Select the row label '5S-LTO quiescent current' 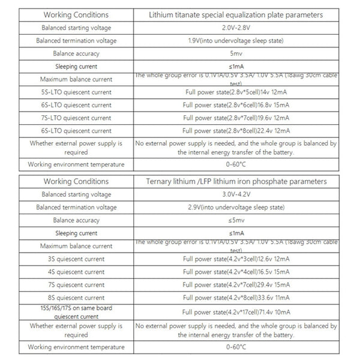[76, 92]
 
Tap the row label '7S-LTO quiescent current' [76, 118]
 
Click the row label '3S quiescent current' [76, 259]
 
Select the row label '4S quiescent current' [76, 272]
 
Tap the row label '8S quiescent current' [76, 298]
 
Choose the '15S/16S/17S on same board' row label [76, 312]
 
